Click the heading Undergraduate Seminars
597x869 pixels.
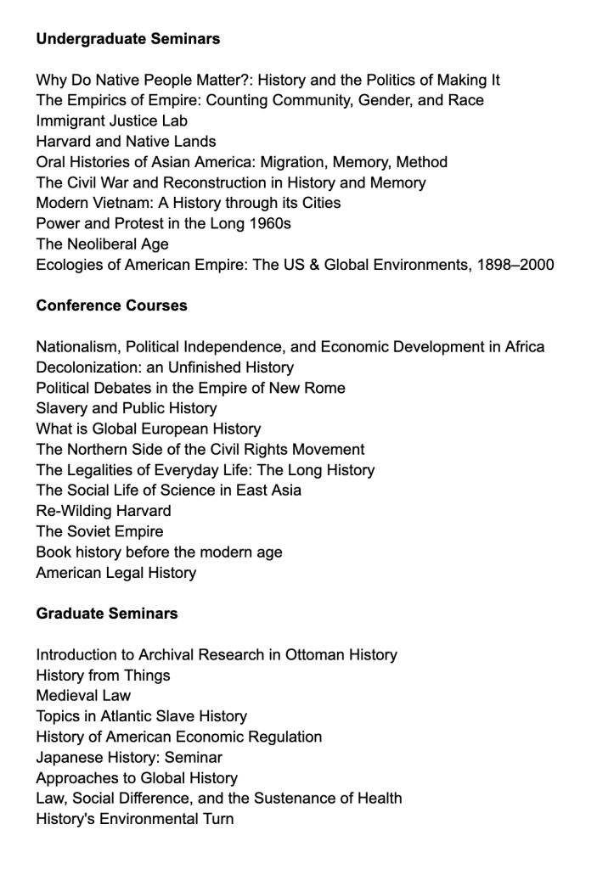coord(128,39)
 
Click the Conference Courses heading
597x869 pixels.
coord(111,306)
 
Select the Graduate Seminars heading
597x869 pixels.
coord(107,614)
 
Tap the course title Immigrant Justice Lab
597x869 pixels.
coord(111,121)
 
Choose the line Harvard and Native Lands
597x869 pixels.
coord(126,142)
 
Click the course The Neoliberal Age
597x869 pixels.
coord(102,244)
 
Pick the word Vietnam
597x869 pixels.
coord(117,204)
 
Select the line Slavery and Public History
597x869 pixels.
coord(127,408)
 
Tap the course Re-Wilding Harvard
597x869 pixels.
coord(104,511)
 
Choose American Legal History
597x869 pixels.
coord(115,573)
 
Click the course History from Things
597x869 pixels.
coord(103,676)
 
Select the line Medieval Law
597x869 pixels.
coord(83,696)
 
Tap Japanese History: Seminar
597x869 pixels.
coord(129,758)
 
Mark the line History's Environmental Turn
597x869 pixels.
coord(134,819)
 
